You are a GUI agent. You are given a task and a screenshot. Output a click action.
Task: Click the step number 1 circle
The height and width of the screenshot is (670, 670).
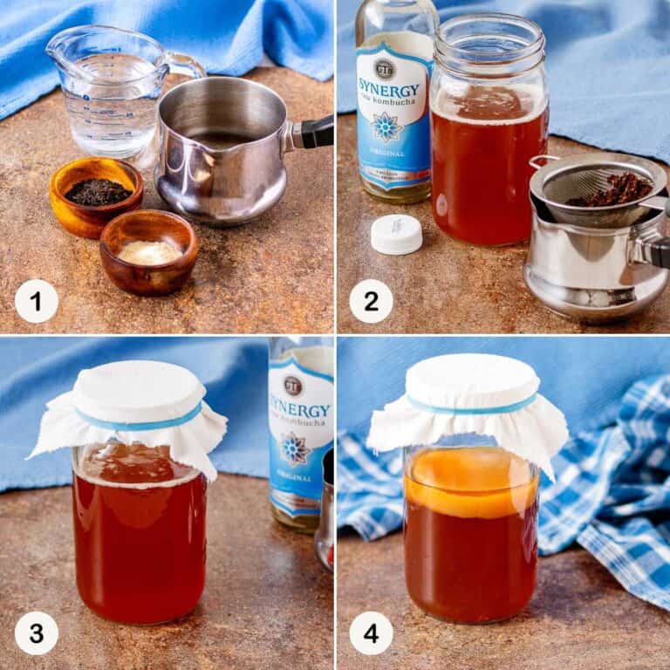point(37,301)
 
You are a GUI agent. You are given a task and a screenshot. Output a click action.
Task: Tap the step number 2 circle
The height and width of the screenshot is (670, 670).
point(371,301)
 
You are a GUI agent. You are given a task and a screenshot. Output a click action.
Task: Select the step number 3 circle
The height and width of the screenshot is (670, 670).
point(37,632)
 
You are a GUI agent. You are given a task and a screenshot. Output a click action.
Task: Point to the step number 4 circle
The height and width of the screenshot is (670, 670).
point(371,632)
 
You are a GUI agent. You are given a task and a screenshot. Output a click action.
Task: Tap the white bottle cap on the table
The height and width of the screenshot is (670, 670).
point(396,234)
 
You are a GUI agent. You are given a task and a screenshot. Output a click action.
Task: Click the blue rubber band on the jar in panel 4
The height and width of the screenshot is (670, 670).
point(471,407)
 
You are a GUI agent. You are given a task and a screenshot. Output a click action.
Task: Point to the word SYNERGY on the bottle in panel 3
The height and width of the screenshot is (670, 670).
point(302,410)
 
